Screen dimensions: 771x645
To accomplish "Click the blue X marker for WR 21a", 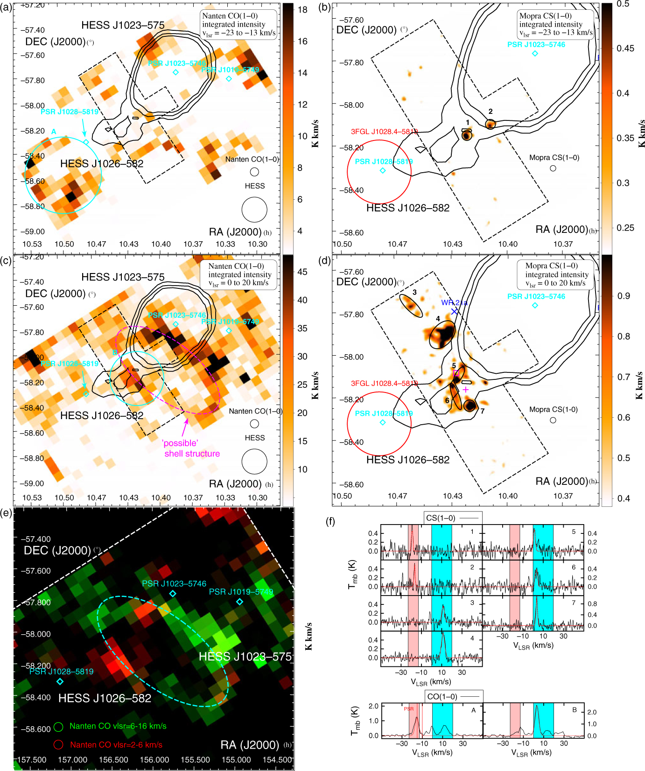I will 455,311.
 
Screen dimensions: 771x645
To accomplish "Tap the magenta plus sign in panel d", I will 465,389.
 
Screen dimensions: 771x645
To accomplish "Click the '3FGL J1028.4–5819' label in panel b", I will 384,132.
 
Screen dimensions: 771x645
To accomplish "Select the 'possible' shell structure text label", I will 192,449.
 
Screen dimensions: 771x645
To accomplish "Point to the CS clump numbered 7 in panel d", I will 470,405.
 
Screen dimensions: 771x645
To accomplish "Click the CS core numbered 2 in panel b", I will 490,124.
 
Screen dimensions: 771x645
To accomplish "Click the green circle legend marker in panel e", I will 58,727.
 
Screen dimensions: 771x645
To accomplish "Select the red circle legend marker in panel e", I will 58,744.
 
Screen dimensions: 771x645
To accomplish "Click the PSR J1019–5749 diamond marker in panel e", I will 239,602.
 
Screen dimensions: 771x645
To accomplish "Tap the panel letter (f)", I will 330,521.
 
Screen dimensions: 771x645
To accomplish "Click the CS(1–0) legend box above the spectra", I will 452,518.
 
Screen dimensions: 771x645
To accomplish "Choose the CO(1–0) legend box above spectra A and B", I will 454,696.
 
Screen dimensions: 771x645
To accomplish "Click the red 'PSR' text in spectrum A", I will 408,708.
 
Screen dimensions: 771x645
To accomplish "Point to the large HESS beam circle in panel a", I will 254,210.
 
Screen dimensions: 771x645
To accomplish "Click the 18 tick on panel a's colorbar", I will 302,10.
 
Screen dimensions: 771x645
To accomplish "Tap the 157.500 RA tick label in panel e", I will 32,759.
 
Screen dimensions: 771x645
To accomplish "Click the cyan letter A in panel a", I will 54,132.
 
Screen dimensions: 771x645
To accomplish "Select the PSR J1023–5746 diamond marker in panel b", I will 535,54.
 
